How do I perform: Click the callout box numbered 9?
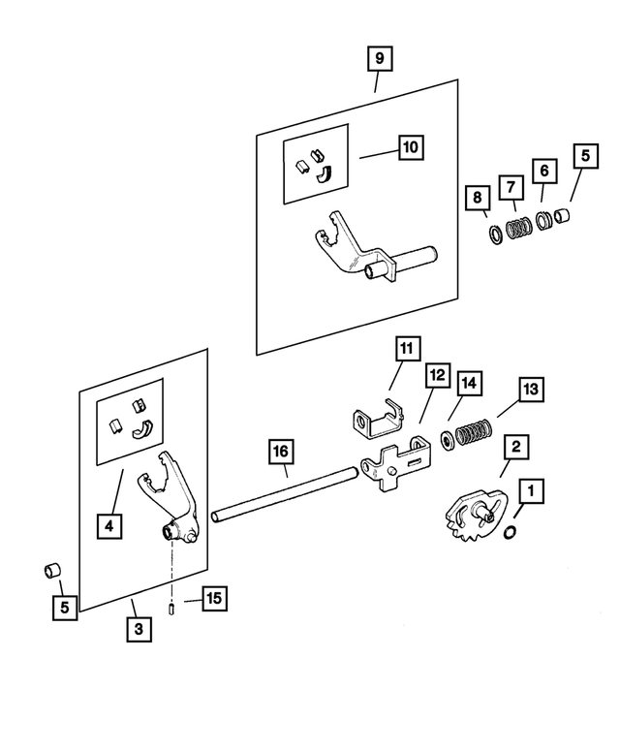pos(379,58)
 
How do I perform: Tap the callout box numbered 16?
pos(280,452)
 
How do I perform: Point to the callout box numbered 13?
pos(531,390)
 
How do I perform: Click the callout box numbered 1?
pos(529,492)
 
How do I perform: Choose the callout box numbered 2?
pos(514,447)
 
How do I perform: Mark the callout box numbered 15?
pos(213,598)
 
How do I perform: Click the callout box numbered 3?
pos(139,629)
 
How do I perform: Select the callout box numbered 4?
pos(109,526)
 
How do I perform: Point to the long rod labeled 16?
pos(280,493)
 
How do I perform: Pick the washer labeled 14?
pos(447,439)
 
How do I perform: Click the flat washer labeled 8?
pos(495,234)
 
